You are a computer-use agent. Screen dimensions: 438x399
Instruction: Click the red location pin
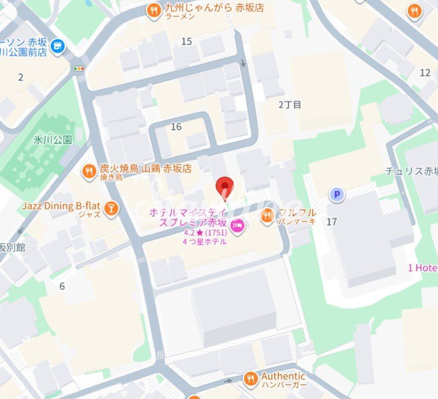(224, 187)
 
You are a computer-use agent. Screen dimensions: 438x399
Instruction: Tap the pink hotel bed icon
(237, 227)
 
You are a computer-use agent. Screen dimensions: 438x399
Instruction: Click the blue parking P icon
(336, 194)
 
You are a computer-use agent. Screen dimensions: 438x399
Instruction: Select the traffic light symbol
(79, 68)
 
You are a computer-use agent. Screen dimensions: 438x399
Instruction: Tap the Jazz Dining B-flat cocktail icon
(111, 208)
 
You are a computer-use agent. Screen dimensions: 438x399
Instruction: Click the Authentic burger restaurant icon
(251, 379)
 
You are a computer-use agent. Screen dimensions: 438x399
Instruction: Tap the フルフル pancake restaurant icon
(268, 214)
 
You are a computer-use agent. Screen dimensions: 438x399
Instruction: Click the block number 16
(176, 127)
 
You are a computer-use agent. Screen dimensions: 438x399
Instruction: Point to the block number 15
(186, 41)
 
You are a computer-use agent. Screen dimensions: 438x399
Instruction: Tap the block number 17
(332, 222)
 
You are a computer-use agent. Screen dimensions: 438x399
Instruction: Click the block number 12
(425, 72)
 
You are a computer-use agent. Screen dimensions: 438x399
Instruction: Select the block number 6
(62, 286)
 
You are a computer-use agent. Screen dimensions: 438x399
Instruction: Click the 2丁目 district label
(290, 104)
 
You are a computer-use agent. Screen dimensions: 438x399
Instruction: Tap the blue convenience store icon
(57, 47)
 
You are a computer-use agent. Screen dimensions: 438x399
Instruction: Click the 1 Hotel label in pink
(422, 268)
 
